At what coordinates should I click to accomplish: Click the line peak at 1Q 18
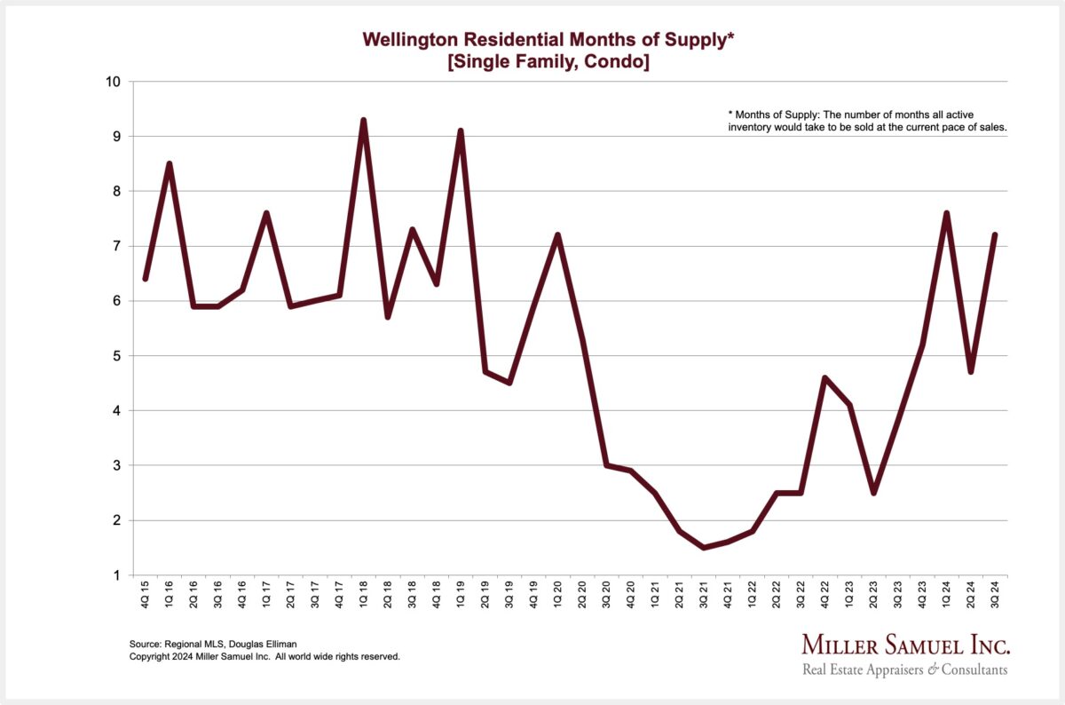click(x=363, y=120)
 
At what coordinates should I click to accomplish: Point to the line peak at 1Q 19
click(x=461, y=131)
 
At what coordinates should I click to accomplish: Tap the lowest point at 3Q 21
click(x=703, y=548)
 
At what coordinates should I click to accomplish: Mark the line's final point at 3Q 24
click(x=995, y=235)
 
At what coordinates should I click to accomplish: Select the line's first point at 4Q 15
click(x=145, y=279)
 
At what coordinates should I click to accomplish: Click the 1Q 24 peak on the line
click(x=946, y=213)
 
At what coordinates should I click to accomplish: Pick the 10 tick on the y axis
click(x=114, y=82)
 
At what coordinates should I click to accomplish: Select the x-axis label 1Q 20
click(x=557, y=595)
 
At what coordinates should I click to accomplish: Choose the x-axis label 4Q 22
click(x=824, y=595)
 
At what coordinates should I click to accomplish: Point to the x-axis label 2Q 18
click(x=387, y=595)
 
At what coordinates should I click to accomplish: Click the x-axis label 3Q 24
click(x=995, y=595)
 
